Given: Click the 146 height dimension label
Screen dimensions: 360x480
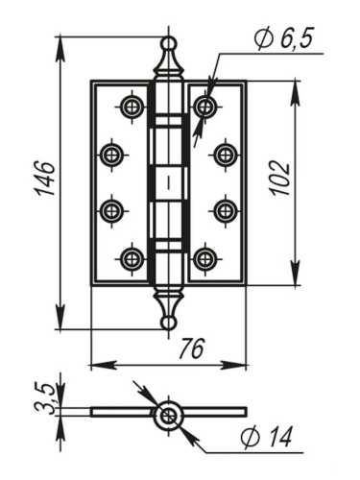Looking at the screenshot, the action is click(44, 179).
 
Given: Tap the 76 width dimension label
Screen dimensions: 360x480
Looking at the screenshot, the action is click(192, 348).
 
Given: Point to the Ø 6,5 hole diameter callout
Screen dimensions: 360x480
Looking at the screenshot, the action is click(284, 38).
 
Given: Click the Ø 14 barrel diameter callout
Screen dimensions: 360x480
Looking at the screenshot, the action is click(266, 437).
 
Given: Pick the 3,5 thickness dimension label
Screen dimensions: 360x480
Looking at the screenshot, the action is click(45, 396).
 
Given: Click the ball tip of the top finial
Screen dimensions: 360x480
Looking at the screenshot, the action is click(168, 43).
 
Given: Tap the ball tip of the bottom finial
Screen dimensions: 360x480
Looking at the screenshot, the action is click(168, 323).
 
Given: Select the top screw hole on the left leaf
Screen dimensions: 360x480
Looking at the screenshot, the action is click(131, 106).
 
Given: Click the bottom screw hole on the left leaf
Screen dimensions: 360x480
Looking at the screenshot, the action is click(131, 259).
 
